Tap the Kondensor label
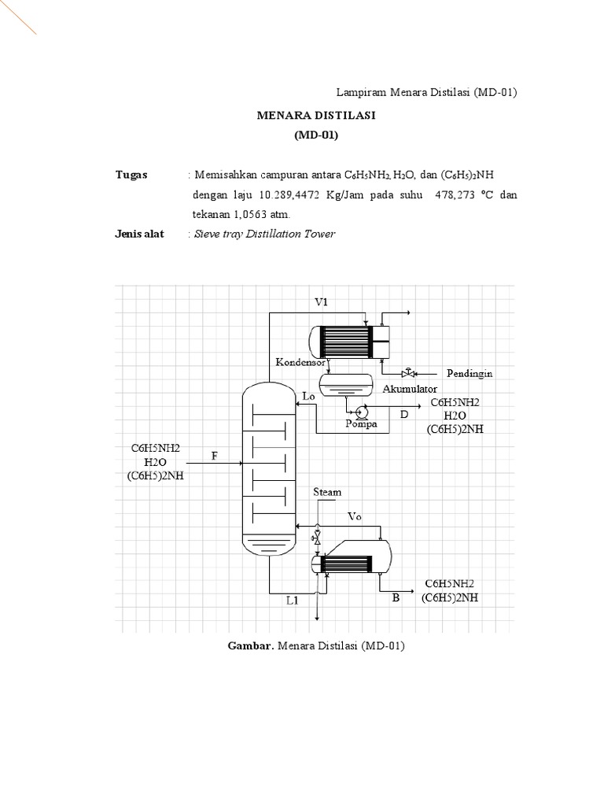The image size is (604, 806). coord(300,362)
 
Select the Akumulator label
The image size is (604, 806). coord(410,390)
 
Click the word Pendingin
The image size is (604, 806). coord(470,373)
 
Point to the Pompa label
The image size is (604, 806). coord(361,423)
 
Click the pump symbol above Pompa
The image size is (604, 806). coord(363,410)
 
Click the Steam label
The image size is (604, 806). coord(327,492)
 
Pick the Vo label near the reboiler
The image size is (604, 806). coord(355,517)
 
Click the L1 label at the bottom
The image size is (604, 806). coord(293,600)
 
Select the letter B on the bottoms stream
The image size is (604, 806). coord(396,598)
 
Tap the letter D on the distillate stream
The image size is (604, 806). coord(404,413)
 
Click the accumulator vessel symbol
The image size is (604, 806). coord(348,383)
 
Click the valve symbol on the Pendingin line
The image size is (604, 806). coord(407,372)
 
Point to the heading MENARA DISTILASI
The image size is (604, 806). coord(316,116)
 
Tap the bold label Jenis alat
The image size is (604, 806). coord(139,234)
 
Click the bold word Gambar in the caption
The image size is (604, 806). coord(249,646)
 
